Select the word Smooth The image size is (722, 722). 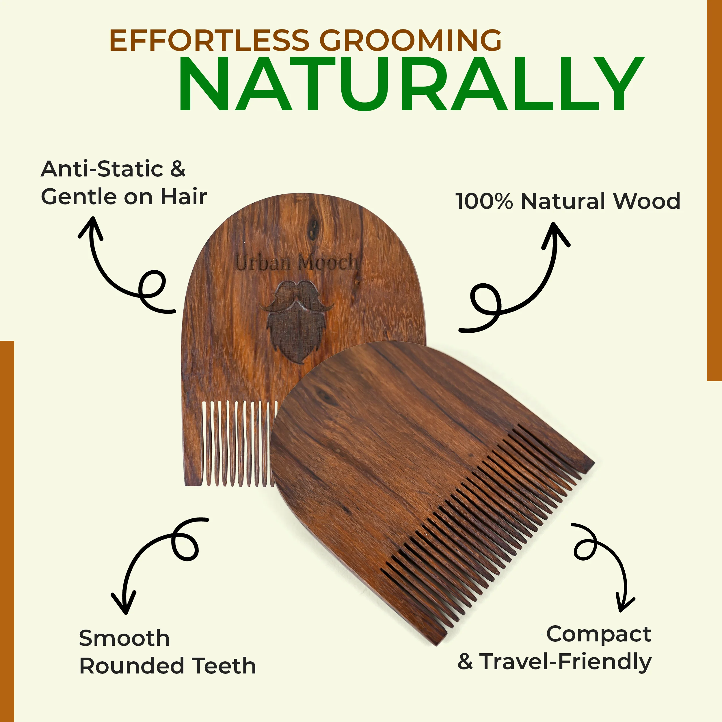pyautogui.click(x=124, y=638)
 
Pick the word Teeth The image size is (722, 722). pyautogui.click(x=224, y=666)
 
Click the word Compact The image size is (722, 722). pyautogui.click(x=599, y=634)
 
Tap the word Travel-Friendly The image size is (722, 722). pyautogui.click(x=565, y=662)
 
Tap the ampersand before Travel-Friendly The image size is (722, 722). pyautogui.click(x=465, y=662)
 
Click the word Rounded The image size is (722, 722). pyautogui.click(x=131, y=666)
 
